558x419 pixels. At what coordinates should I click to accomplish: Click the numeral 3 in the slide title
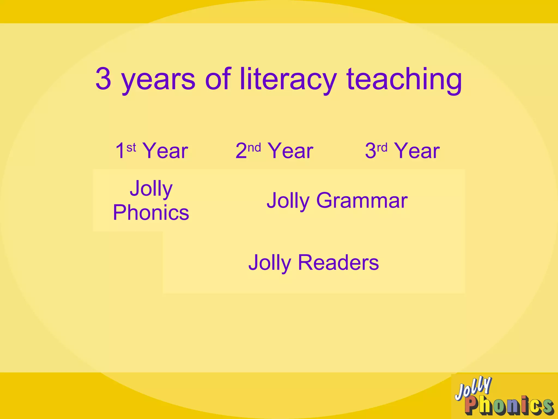click(104, 79)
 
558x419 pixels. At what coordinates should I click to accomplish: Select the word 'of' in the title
click(218, 79)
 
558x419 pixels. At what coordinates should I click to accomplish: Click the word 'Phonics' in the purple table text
click(151, 213)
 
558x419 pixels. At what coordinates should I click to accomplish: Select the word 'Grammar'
click(362, 201)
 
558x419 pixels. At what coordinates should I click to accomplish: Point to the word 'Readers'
click(338, 262)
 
